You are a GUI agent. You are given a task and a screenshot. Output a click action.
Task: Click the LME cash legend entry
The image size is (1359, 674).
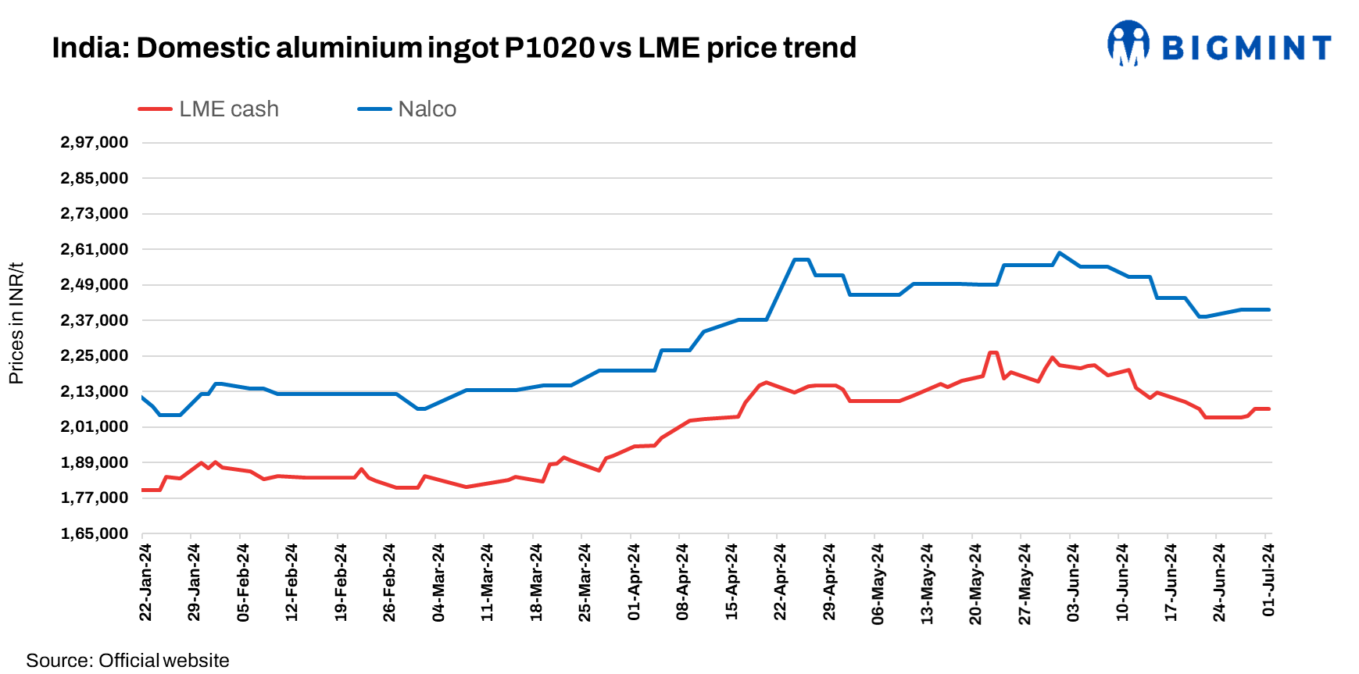tap(209, 109)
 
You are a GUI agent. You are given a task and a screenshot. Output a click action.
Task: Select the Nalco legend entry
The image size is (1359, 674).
tap(408, 109)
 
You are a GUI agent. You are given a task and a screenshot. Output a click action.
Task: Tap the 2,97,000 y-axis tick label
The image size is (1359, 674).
tap(94, 142)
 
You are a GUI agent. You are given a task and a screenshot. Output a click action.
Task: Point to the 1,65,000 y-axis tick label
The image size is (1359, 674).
tap(94, 533)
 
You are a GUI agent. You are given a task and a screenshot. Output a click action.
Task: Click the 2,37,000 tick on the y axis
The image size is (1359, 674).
tap(94, 320)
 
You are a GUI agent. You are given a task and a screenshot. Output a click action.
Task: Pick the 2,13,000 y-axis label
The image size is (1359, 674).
tap(94, 391)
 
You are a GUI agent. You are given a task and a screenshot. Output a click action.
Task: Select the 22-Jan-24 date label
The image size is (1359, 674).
tap(145, 583)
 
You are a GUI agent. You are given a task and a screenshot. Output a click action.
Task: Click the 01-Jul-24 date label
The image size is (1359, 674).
tap(1268, 580)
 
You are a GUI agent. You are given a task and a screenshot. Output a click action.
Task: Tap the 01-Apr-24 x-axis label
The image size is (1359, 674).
tap(634, 583)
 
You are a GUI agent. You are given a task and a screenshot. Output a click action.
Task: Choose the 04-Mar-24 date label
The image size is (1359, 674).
tap(438, 583)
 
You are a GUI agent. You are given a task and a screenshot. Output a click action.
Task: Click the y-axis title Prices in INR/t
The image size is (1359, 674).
tap(16, 323)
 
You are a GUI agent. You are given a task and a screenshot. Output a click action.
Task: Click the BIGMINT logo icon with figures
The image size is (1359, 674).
tap(1128, 44)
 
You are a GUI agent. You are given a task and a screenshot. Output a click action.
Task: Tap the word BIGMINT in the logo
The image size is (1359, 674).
tap(1246, 48)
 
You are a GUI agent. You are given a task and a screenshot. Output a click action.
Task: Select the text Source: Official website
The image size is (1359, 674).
tap(127, 660)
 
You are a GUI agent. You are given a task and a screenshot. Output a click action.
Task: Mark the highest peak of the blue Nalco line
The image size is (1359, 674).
tap(1059, 252)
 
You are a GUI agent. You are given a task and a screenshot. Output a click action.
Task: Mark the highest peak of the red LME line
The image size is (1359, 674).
tap(992, 352)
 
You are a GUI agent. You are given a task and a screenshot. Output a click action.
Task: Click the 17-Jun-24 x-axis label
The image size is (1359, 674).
tap(1171, 583)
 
